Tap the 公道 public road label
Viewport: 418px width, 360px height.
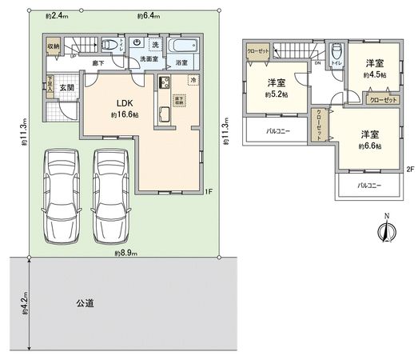click(86, 303)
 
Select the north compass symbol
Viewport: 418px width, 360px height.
click(385, 230)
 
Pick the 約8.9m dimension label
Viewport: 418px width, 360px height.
click(125, 253)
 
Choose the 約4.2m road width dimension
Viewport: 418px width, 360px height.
click(26, 305)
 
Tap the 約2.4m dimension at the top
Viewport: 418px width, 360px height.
click(55, 15)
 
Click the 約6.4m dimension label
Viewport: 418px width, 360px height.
click(148, 15)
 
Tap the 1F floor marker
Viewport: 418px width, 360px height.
click(208, 190)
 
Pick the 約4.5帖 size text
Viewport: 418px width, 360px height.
click(373, 74)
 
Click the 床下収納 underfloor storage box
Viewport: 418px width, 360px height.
click(179, 102)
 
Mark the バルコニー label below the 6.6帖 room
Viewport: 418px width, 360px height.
click(368, 185)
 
